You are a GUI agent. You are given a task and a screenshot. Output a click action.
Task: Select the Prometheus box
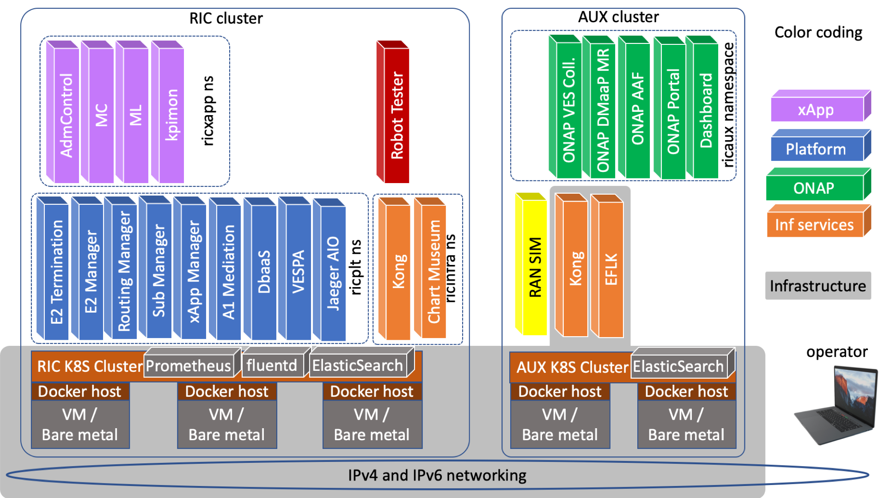tap(189, 366)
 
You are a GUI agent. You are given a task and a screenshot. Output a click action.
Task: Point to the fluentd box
tap(272, 365)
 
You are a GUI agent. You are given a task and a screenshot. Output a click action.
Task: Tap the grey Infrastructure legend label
tap(818, 286)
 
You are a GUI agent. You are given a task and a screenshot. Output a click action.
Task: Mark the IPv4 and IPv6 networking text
tap(437, 475)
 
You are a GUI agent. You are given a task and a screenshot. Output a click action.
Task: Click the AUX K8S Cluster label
tap(572, 367)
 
